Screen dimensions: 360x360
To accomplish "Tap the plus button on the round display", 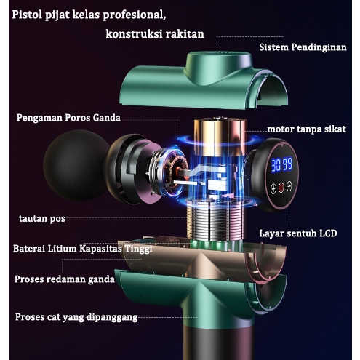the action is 273,188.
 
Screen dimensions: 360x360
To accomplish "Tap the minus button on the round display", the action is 289,186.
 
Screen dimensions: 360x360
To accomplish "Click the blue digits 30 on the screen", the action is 276,165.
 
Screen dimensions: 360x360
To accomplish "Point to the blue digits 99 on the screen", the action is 287,164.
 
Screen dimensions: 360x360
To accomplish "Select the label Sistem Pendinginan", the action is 303,47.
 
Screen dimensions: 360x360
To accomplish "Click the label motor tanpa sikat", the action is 306,129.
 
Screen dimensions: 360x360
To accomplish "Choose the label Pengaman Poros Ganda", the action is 68,118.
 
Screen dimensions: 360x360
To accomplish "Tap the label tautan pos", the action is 42,219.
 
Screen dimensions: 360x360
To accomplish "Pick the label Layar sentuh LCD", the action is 298,233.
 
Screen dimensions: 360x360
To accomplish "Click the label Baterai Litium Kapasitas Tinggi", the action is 83,249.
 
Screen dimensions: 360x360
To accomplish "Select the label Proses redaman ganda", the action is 64,279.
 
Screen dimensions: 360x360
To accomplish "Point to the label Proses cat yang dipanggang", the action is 76,317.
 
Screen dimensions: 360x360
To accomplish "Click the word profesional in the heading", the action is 135,15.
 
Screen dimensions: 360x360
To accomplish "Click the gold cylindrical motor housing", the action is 220,137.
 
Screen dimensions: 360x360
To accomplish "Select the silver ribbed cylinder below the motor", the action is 215,220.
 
